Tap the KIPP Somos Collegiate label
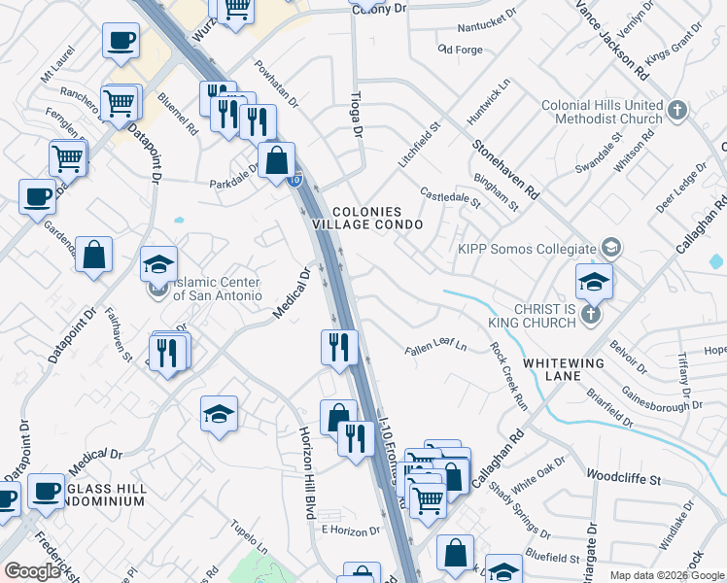click(x=528, y=247)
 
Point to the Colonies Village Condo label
click(x=367, y=217)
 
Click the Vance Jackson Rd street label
click(x=612, y=39)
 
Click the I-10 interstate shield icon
click(x=296, y=180)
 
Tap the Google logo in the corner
click(x=32, y=571)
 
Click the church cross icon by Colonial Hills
click(x=677, y=111)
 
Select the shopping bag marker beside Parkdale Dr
click(x=277, y=161)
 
